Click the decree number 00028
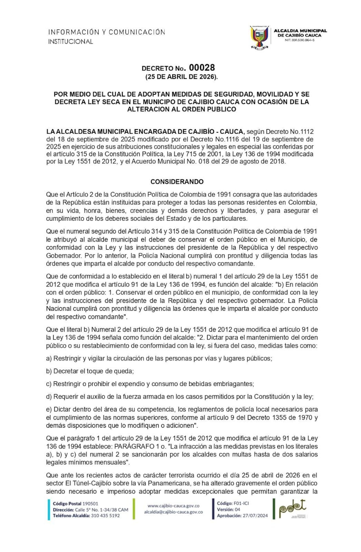tap(202, 68)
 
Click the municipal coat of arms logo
tap(259, 37)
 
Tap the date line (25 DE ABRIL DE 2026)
tap(181, 77)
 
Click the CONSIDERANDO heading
tap(177, 182)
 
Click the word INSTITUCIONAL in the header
tap(71, 41)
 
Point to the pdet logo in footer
tap(292, 509)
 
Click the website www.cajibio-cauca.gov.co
tap(173, 506)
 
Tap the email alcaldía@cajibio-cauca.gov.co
tap(173, 512)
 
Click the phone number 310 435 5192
tap(105, 516)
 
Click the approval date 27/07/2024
tap(255, 516)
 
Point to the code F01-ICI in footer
tap(241, 503)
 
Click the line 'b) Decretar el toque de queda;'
tap(90, 371)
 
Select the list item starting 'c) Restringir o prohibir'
tap(150, 384)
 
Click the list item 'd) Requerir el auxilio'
tap(179, 396)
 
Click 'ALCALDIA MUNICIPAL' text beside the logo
tap(300, 30)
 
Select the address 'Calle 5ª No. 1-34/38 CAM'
tap(102, 510)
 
